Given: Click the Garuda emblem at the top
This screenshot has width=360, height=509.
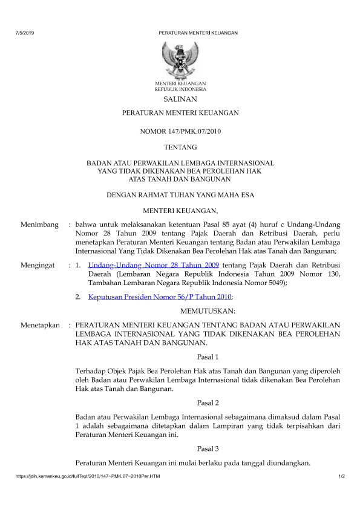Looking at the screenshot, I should [180, 59].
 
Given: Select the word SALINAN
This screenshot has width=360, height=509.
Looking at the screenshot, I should [180, 99].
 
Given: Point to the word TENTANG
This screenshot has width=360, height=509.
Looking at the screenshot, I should [180, 147].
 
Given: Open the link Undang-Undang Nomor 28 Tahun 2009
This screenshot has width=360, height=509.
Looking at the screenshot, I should [153, 265].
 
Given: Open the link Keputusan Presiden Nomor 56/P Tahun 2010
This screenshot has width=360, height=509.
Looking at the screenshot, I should [160, 297].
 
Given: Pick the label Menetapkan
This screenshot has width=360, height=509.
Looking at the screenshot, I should [41, 325].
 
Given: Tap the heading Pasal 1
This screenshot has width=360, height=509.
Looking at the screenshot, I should [208, 357].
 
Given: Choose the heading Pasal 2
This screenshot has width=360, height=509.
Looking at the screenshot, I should [208, 402].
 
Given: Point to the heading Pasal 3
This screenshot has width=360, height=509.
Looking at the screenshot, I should [208, 448].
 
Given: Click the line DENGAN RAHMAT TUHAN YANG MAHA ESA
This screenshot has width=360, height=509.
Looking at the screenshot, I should [180, 195].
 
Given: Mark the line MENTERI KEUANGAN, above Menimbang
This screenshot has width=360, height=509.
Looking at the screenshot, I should [180, 211].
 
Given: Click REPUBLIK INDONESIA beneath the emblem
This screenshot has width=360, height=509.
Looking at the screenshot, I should [180, 88].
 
